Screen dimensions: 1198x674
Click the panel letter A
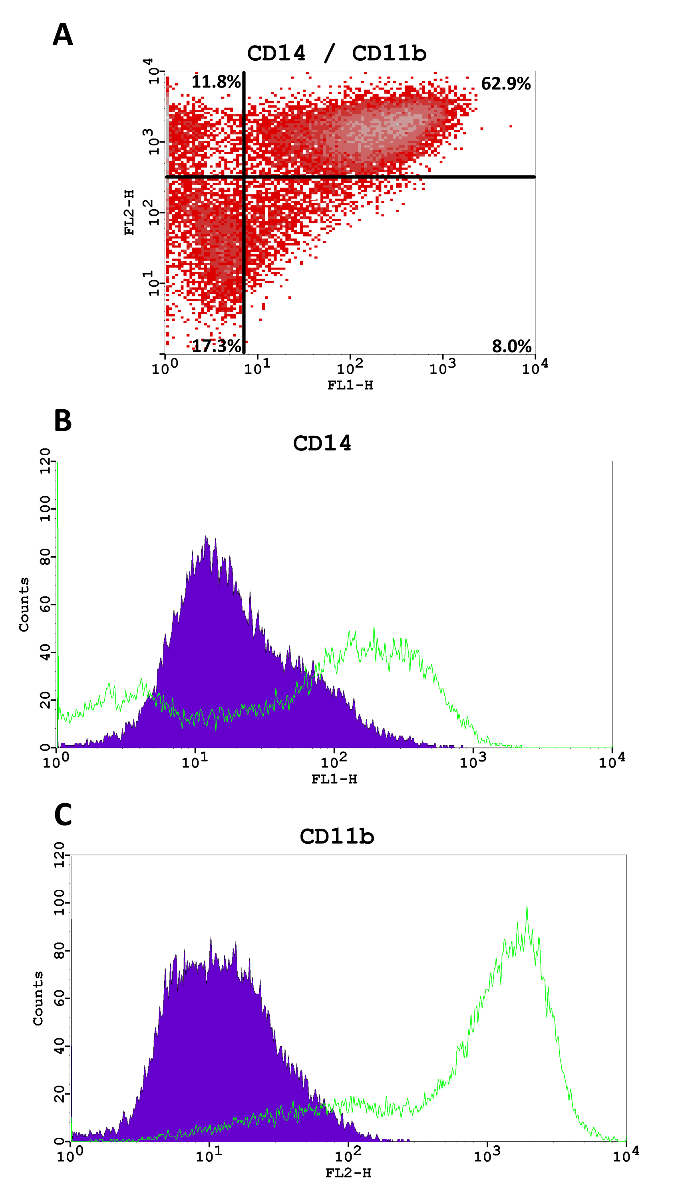click(x=63, y=35)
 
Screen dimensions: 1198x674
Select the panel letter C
click(x=63, y=814)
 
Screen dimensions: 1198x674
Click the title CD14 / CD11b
click(x=336, y=54)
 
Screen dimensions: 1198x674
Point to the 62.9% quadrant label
click(x=506, y=84)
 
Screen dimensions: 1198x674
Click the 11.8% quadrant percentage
click(x=216, y=82)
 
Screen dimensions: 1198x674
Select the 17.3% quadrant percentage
click(x=216, y=346)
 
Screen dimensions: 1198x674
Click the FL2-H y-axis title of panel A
click(x=129, y=212)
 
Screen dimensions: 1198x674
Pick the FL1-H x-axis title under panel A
click(x=350, y=385)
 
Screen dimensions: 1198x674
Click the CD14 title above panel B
click(x=322, y=443)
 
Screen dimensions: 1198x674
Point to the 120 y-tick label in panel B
click(x=45, y=461)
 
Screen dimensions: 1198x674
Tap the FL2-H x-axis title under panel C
click(x=348, y=1173)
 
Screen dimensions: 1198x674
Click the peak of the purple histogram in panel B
click(x=206, y=537)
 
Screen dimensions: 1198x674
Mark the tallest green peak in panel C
click(x=527, y=906)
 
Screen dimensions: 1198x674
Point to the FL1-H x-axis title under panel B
click(x=334, y=779)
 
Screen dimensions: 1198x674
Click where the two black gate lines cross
click(x=244, y=177)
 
